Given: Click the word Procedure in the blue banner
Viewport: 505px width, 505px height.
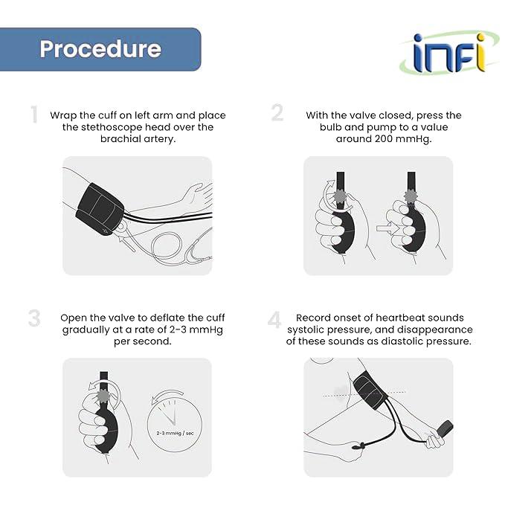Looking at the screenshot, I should (100, 49).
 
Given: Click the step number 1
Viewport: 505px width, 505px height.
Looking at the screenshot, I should (33, 115).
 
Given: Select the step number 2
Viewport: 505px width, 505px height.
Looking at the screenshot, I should (277, 113).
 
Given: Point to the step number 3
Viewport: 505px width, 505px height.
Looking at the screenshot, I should (34, 318).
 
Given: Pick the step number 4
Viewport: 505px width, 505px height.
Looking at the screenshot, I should (274, 320).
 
